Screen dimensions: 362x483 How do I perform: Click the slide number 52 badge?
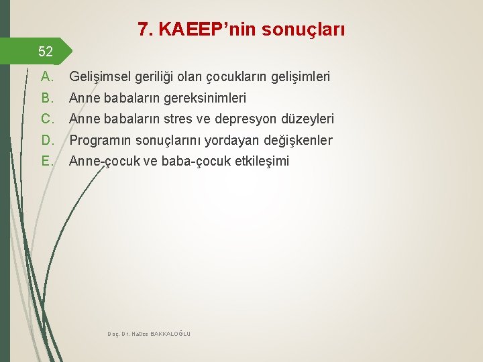(46, 52)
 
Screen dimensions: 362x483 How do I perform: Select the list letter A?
(47, 77)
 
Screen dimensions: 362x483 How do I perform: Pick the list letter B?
(47, 98)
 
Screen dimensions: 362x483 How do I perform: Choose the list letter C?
(47, 119)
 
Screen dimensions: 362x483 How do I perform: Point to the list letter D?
(47, 140)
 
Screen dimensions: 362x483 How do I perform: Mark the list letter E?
(47, 161)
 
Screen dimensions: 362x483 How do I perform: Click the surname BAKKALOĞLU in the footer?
(170, 334)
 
